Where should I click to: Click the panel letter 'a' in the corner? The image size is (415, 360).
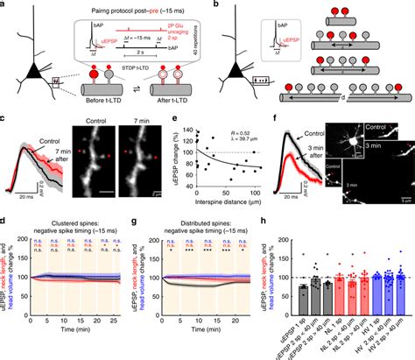4,5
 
